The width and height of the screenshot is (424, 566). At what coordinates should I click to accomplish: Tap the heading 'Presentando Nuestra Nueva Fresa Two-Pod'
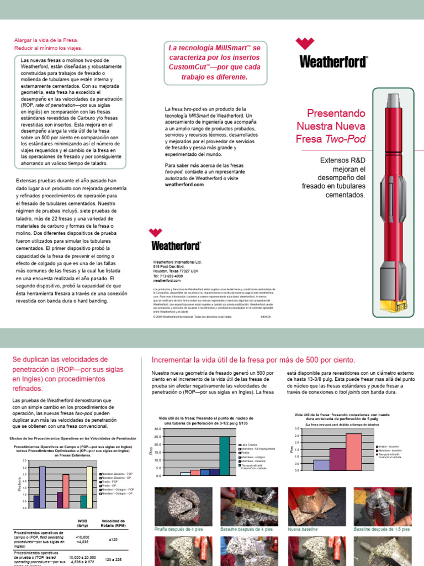click(x=336, y=125)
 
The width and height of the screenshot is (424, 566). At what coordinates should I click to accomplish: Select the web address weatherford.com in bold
click(x=184, y=185)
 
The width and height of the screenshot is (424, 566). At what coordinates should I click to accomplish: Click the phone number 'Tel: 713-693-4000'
click(x=168, y=276)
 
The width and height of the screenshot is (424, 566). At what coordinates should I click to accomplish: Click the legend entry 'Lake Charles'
click(x=249, y=444)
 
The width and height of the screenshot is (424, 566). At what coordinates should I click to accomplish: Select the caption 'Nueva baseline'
click(x=303, y=529)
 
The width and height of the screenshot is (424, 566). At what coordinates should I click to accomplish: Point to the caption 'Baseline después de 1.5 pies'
click(x=382, y=529)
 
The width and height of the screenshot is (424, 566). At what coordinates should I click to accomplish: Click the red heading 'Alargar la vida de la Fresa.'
click(x=46, y=40)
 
